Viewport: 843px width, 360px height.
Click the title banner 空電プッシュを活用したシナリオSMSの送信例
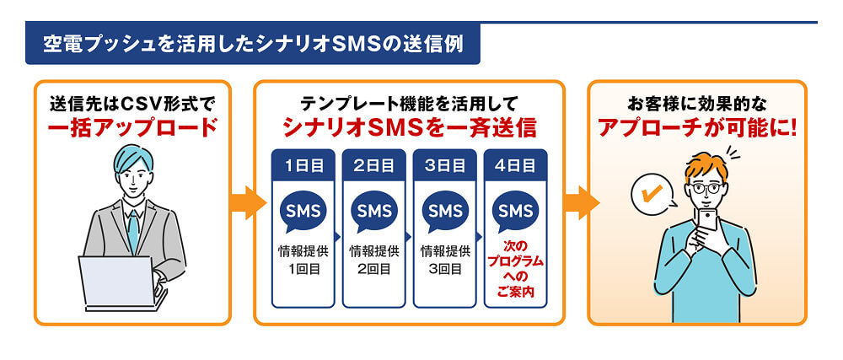253,43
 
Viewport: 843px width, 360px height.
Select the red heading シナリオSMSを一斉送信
409,127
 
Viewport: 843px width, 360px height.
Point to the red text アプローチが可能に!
696,127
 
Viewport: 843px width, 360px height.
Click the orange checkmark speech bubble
652,196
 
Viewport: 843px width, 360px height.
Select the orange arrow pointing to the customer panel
577,202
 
